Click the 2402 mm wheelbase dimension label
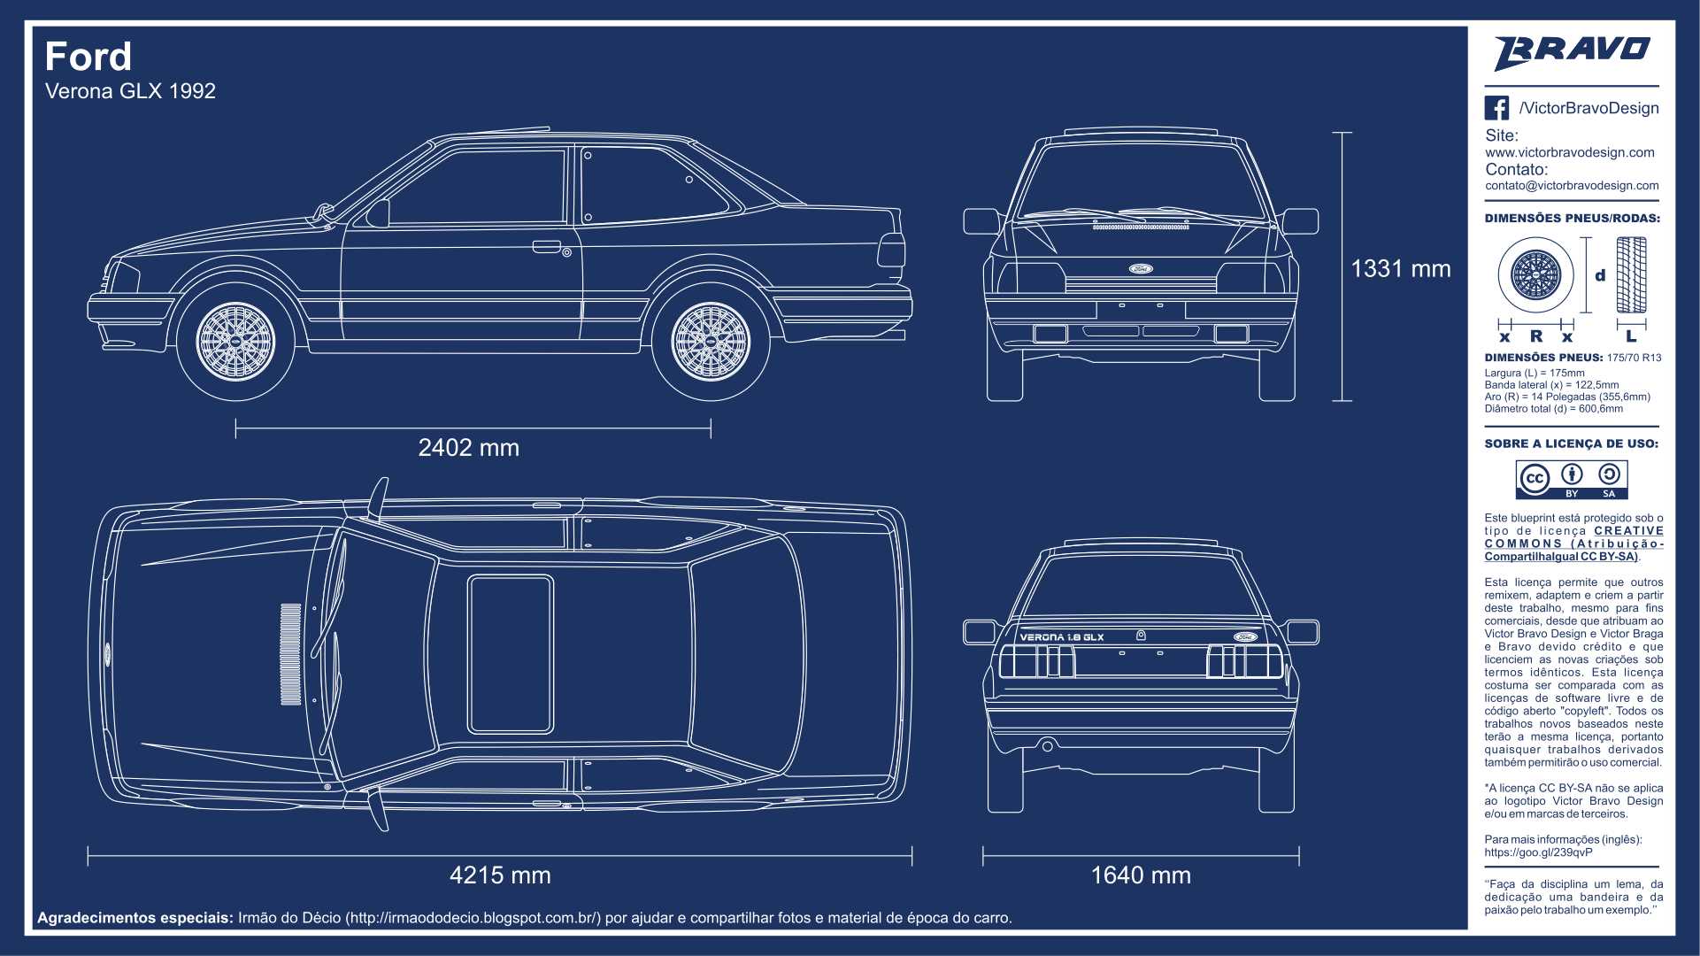[468, 448]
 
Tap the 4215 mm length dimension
[500, 875]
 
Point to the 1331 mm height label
[1400, 269]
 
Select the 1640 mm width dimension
[1141, 875]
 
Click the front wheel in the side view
[235, 342]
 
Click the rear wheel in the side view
[711, 342]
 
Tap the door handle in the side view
[547, 246]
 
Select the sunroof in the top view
[511, 654]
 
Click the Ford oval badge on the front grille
[1141, 268]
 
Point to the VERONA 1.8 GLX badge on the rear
[1062, 637]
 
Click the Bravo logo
[1572, 52]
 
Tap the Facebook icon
[1496, 108]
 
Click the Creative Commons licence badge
[1572, 480]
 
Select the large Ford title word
[88, 57]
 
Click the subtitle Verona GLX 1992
[130, 91]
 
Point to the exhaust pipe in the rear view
[1047, 746]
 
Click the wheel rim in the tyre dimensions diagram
[1535, 275]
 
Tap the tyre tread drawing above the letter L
[1631, 275]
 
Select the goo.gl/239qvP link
[1538, 852]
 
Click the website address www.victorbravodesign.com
[1570, 152]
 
